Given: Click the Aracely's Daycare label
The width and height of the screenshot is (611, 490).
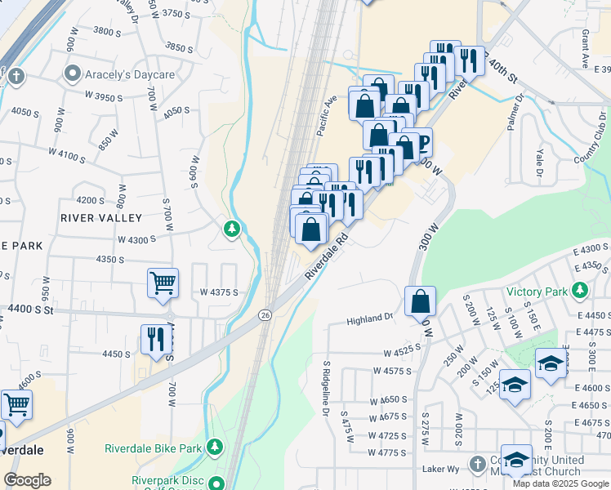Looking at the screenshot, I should (131, 75).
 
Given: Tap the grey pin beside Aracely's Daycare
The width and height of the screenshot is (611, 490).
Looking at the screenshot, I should (73, 74).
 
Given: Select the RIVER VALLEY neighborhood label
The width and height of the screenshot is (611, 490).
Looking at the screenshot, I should (101, 218).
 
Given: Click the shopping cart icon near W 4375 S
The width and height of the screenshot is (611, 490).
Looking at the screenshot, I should (163, 283).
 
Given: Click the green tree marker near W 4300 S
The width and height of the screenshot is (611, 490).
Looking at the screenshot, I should (233, 229).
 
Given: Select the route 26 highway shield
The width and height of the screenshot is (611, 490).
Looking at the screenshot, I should (265, 314).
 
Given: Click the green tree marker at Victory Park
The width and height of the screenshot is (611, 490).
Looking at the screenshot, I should (580, 290).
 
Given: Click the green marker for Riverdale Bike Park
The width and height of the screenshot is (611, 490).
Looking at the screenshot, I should (214, 447).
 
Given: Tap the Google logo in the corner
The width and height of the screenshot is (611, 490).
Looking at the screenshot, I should (27, 480).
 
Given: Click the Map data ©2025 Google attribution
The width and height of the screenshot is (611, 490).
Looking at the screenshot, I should (560, 483).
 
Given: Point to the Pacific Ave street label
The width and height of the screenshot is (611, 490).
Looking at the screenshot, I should (328, 114).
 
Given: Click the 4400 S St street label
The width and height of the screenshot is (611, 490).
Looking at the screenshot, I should (30, 310).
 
